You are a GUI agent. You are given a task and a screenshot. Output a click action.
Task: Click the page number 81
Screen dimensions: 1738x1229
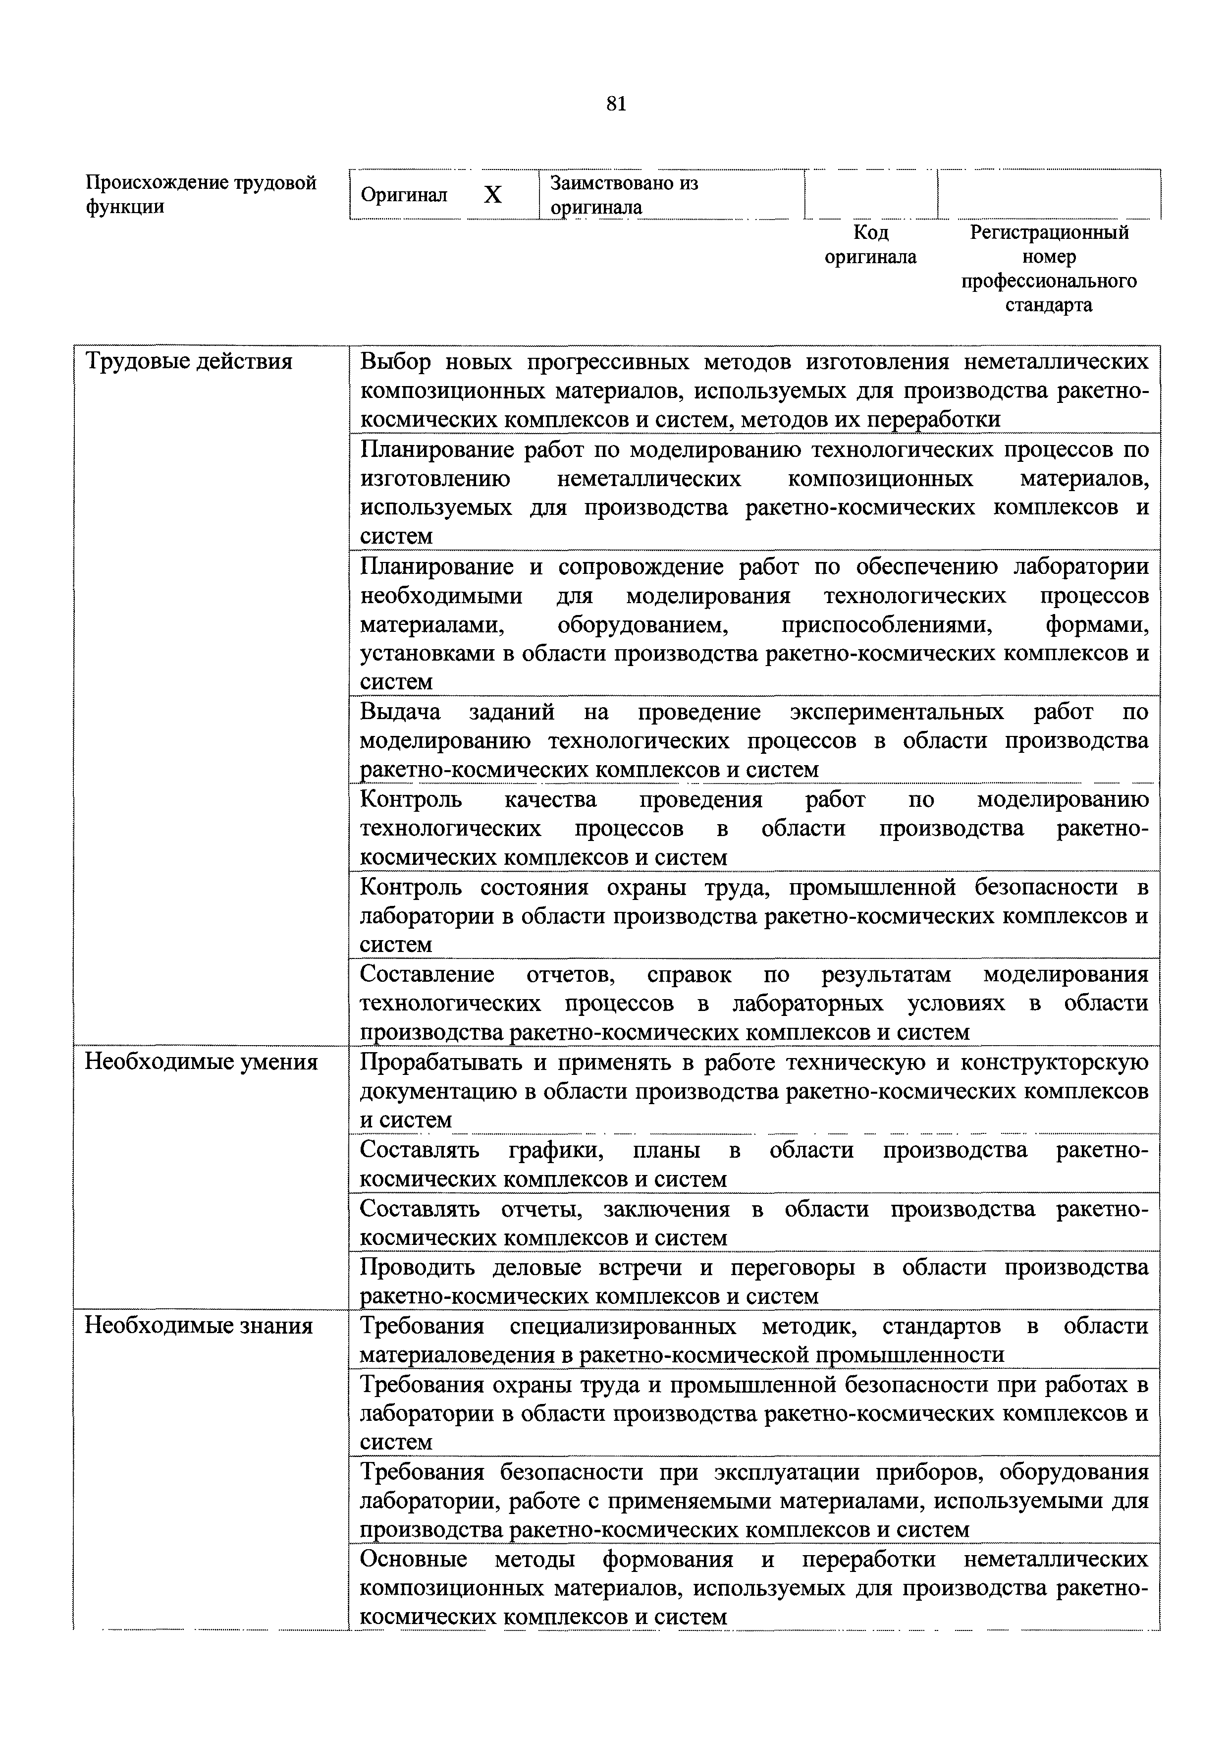[x=616, y=105]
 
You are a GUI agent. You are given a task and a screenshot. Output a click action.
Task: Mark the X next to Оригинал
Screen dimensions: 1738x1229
[x=493, y=195]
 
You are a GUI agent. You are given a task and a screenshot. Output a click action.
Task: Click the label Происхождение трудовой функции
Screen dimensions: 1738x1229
[x=201, y=195]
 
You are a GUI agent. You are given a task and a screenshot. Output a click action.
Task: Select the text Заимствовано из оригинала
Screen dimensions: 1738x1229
[x=624, y=195]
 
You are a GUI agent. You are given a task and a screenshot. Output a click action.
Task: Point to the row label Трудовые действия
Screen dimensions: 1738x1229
[x=188, y=362]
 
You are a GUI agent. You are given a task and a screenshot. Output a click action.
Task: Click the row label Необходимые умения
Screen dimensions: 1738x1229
[x=201, y=1063]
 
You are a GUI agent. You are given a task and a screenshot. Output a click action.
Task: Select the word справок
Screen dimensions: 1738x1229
[x=689, y=975]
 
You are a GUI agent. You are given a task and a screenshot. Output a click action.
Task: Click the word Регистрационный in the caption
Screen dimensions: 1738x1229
[x=1049, y=232]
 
